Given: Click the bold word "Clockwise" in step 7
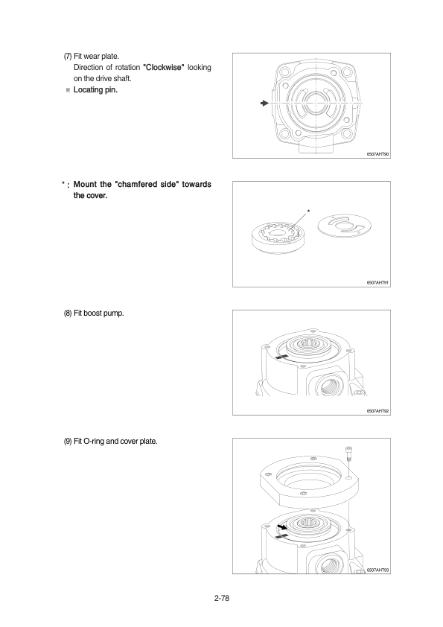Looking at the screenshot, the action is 164,67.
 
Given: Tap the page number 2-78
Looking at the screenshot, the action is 222,598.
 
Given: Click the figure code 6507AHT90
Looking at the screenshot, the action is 377,154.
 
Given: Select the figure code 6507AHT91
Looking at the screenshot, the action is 377,283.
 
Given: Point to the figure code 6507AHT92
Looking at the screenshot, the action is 377,411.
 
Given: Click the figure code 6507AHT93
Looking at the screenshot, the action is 377,570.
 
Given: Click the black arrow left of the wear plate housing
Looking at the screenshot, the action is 264,104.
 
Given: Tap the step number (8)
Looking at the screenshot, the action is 68,313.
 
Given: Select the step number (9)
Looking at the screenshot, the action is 68,441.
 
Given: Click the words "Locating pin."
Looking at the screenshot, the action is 95,89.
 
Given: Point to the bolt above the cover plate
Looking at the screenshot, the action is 348,455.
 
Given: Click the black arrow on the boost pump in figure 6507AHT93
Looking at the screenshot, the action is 282,526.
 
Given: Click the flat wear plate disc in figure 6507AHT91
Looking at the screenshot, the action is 344,226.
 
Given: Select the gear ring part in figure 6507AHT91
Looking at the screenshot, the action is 278,238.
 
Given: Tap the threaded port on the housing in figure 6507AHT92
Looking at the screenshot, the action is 329,386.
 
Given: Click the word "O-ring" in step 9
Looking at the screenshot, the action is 94,441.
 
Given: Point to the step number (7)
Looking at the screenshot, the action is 68,57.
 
